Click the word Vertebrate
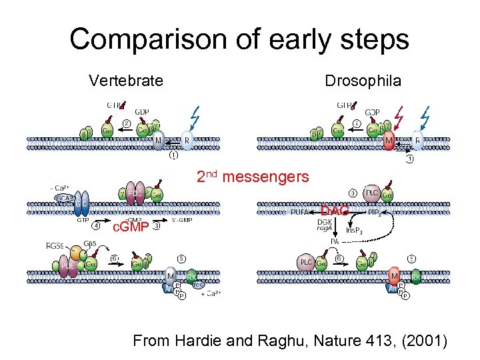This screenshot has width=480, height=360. pos(125,81)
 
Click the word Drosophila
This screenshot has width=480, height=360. pos(363,81)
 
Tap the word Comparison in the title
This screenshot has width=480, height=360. pos(133,39)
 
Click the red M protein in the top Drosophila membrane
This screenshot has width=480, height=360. pos(389,142)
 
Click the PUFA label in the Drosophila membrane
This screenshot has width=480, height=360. pos(299,212)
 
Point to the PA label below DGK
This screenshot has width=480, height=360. pos(336,242)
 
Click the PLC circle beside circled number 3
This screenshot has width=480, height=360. pos(373,194)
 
